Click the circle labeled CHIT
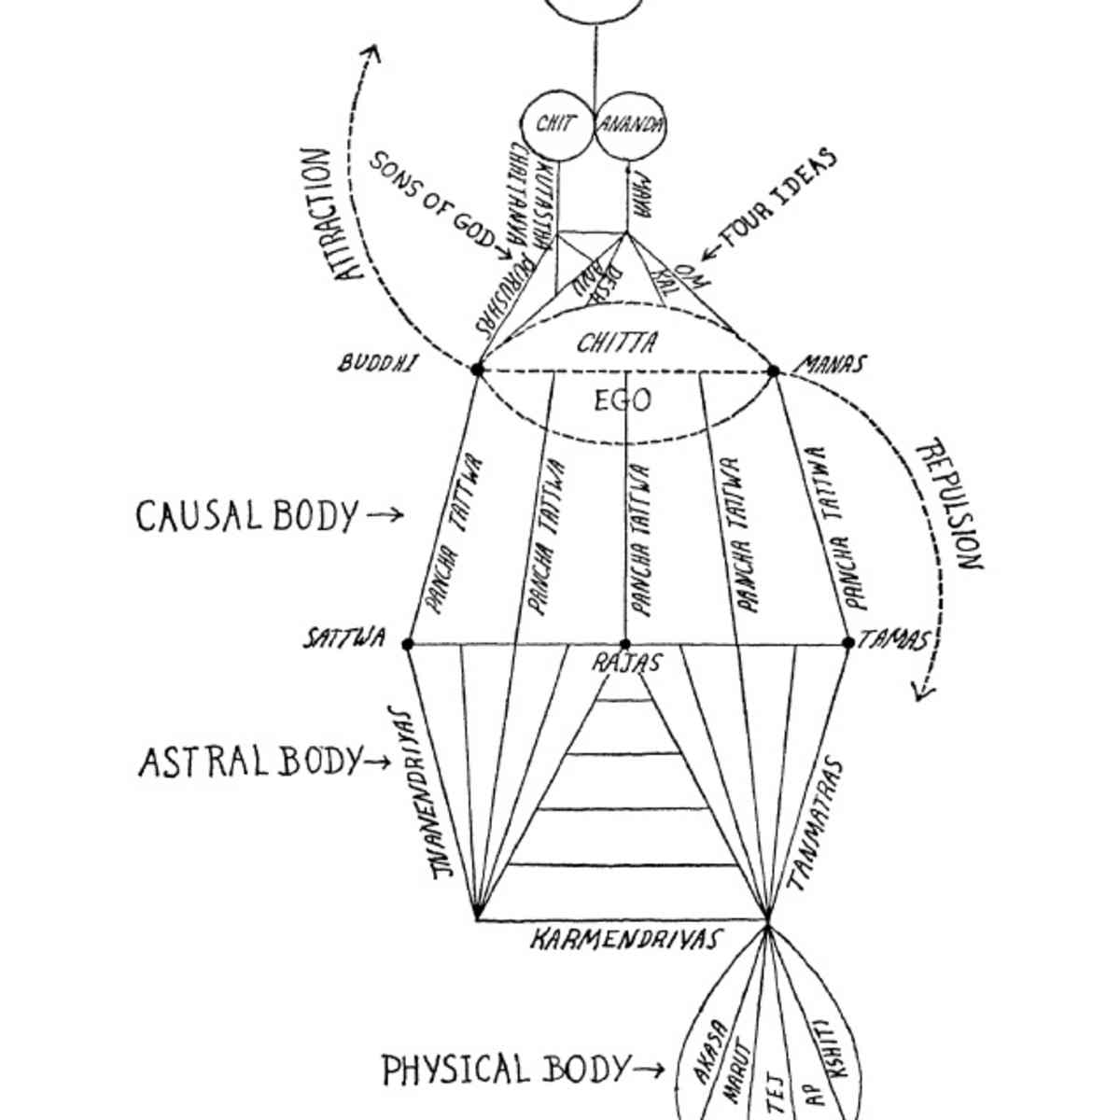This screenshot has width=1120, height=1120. click(x=556, y=125)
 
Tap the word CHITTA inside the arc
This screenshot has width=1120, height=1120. click(x=617, y=343)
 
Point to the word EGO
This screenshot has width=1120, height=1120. click(x=622, y=401)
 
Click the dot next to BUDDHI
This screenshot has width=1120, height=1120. click(x=478, y=370)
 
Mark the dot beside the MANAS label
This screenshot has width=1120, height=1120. click(x=773, y=371)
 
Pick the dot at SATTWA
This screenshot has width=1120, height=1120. click(x=407, y=643)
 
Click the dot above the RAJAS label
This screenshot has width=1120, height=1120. click(x=625, y=644)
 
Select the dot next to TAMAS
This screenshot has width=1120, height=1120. click(x=848, y=642)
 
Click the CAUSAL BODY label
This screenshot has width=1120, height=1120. click(x=247, y=516)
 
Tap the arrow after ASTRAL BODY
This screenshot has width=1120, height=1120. click(x=376, y=763)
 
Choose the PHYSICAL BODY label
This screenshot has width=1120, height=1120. click(x=505, y=1069)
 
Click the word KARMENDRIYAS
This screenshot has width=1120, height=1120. click(x=626, y=939)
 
